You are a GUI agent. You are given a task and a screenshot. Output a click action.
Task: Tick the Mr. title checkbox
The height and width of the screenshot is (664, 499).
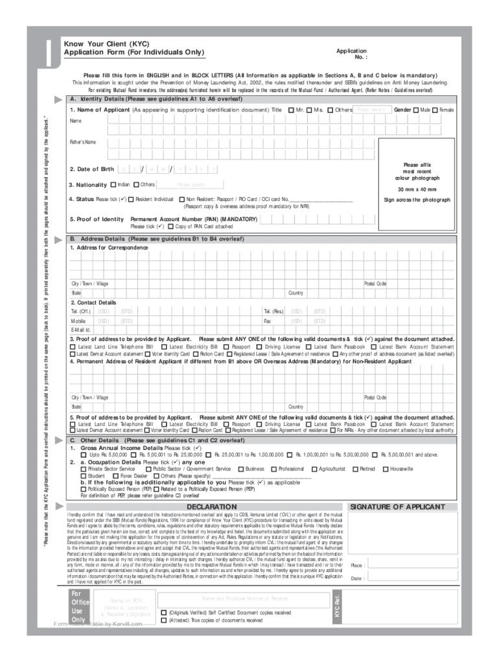291,110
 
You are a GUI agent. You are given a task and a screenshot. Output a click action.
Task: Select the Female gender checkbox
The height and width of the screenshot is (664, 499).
435,110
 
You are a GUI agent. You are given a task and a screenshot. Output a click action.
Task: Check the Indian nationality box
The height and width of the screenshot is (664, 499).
113,185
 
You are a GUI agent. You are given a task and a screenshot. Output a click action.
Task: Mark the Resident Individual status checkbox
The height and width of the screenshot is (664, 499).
131,199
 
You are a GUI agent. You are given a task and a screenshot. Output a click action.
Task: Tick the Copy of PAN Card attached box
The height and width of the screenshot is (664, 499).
170,227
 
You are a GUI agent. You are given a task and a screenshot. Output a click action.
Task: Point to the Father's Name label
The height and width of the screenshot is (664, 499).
83,142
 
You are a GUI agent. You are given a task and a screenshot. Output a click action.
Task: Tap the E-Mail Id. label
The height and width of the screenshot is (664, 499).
81,330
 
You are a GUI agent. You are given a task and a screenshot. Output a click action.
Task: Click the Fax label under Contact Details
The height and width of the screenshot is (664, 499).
267,321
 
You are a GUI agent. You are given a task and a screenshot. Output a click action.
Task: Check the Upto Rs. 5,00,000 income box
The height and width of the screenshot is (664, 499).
84,455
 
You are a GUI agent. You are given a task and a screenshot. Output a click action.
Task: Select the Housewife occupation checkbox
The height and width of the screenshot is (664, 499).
404,469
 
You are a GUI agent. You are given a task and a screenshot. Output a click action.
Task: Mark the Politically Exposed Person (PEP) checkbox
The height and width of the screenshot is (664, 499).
84,489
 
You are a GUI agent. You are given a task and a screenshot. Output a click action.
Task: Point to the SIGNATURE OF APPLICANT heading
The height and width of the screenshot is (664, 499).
406,506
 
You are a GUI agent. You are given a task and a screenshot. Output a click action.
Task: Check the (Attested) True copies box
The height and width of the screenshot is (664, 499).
163,621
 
